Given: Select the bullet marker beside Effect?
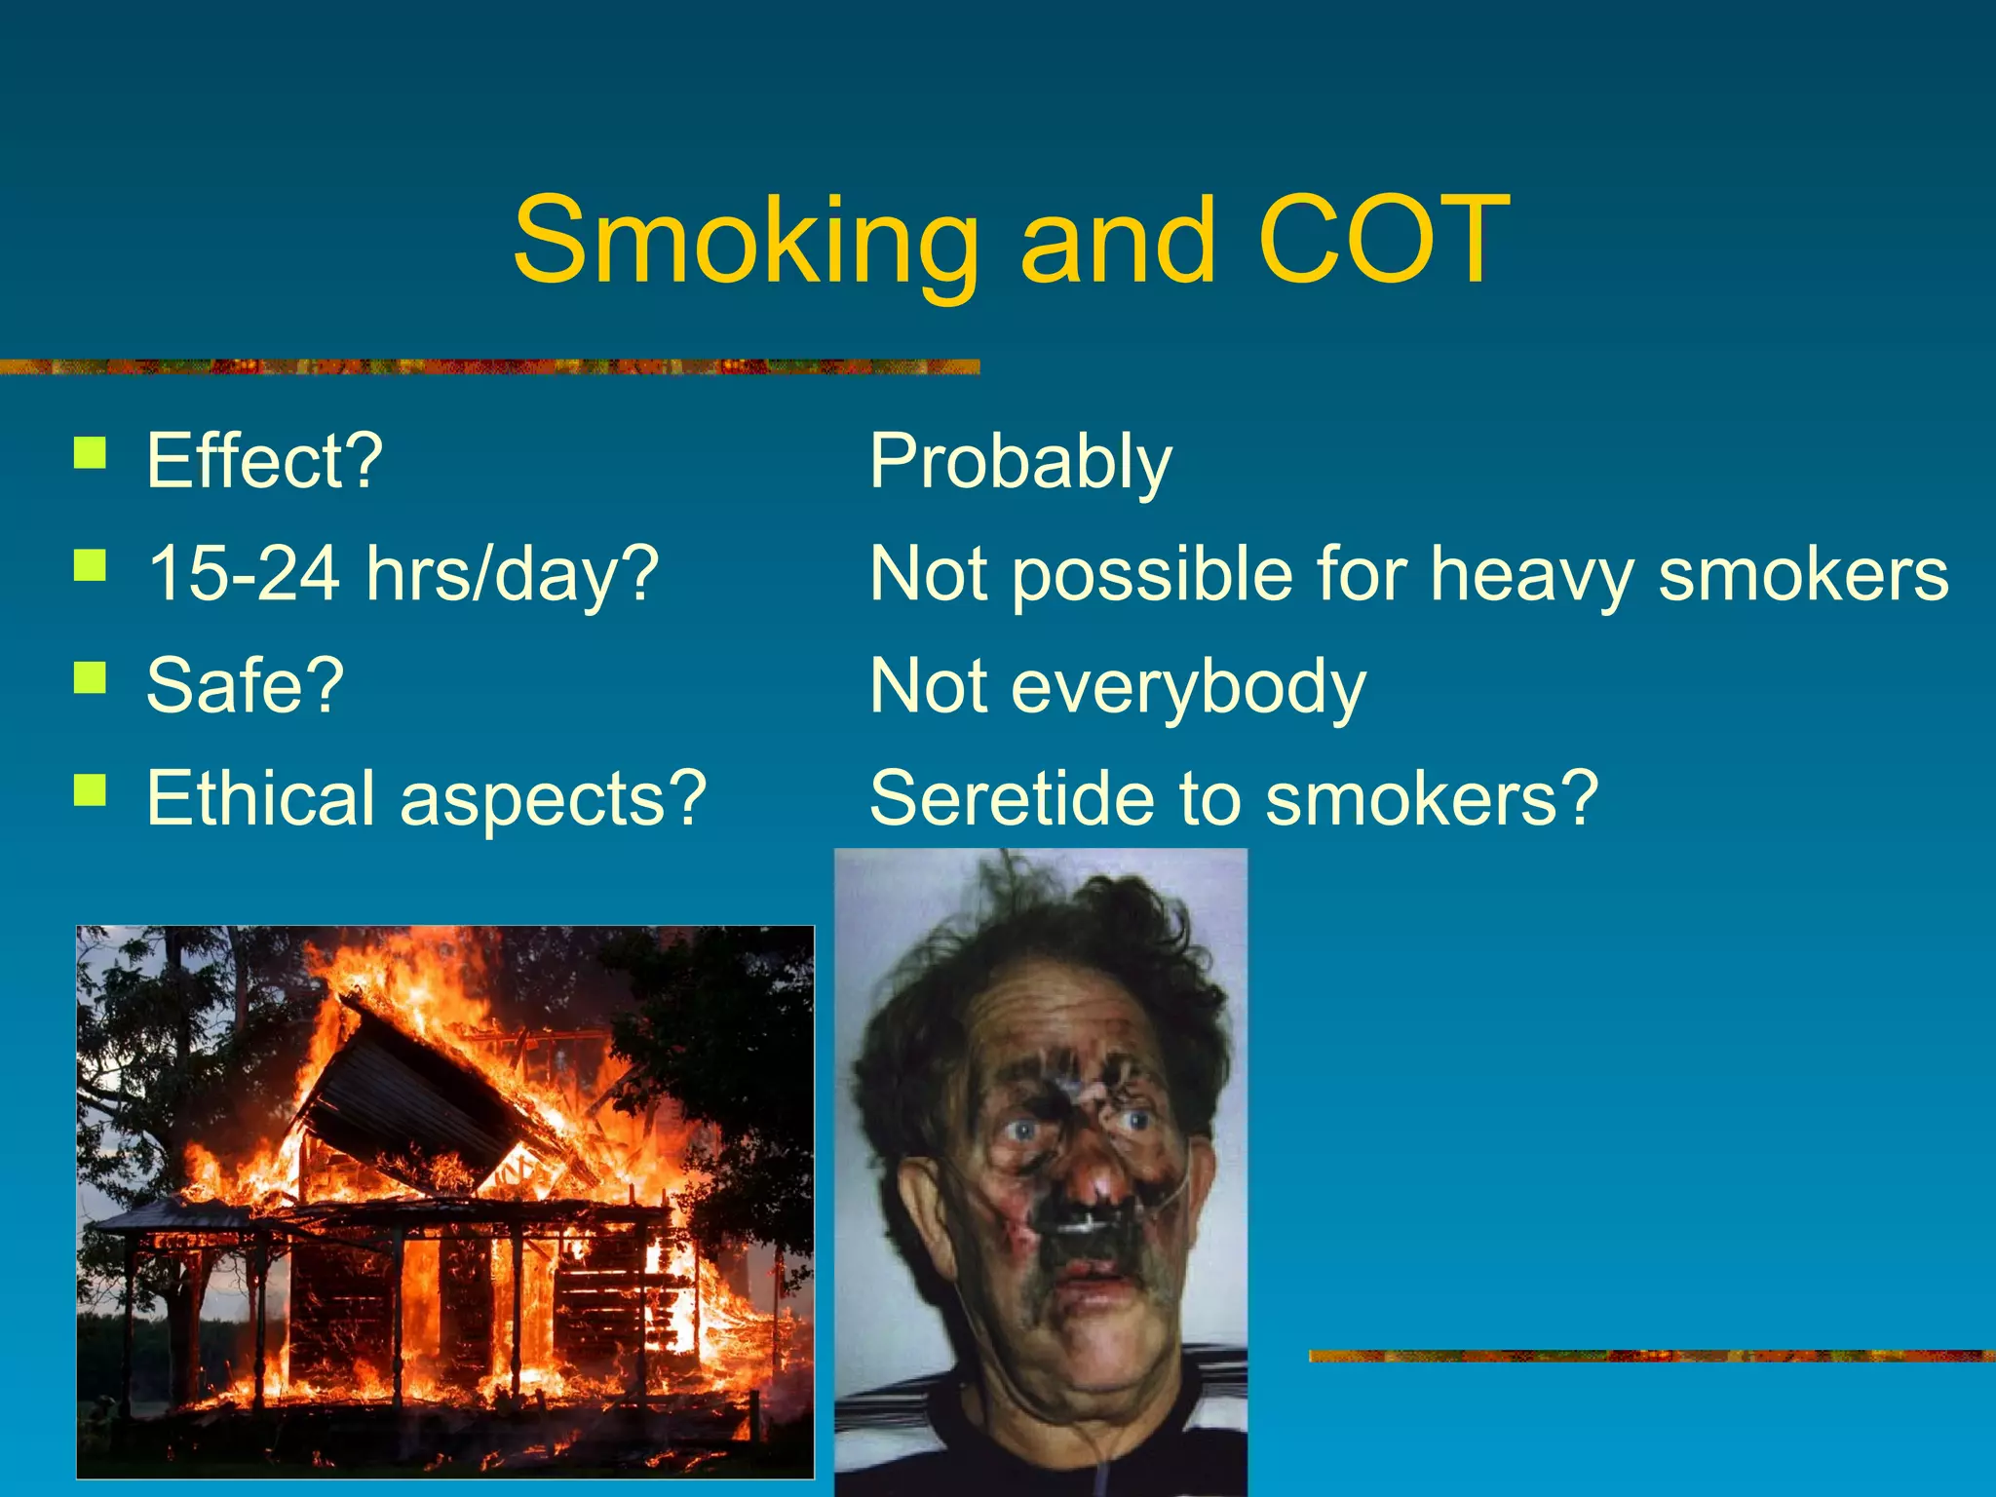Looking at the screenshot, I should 90,453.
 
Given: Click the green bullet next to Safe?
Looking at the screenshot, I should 90,676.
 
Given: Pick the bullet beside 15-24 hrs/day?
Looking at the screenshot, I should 90,565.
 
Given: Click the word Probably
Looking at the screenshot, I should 1020,462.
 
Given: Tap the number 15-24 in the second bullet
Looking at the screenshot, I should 244,573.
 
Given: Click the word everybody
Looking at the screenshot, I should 1188,687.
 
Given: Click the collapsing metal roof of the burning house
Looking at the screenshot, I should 409,1101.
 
